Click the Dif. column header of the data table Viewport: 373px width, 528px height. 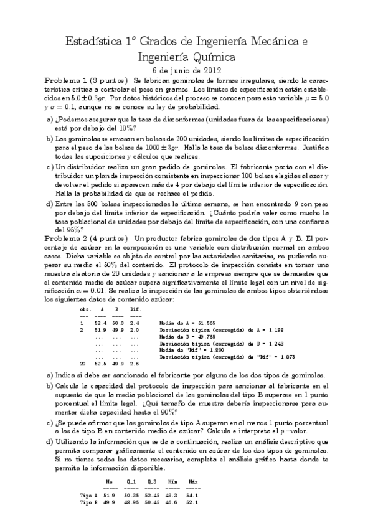coord(136,309)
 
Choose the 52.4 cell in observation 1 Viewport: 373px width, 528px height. coord(101,323)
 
